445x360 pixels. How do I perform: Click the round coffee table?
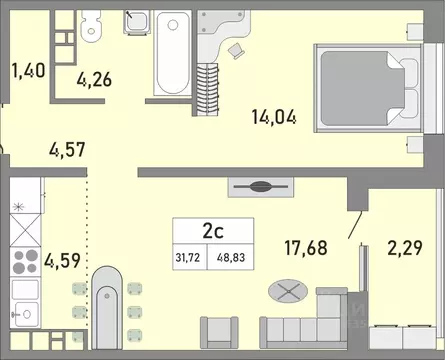point(287,293)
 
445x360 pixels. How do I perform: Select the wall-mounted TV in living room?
point(259,186)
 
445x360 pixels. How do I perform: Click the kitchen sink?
point(24,308)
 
